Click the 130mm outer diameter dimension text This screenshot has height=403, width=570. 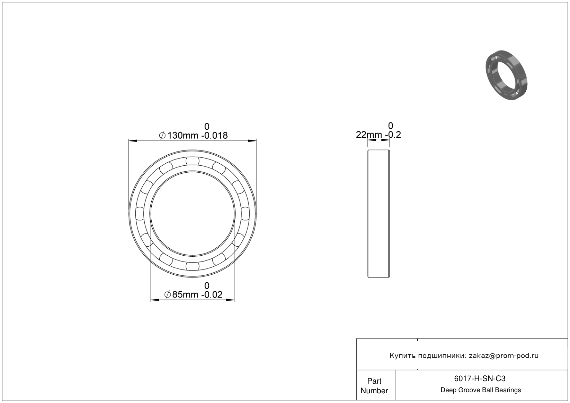pyautogui.click(x=183, y=135)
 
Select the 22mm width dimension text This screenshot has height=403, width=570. pyautogui.click(x=369, y=135)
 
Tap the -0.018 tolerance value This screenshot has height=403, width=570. pyautogui.click(x=214, y=135)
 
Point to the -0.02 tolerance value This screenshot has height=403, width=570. pyautogui.click(x=212, y=294)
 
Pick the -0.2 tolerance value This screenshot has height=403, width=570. pyautogui.click(x=393, y=135)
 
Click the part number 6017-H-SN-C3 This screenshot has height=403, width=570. pyautogui.click(x=480, y=378)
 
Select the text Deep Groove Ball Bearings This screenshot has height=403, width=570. pyautogui.click(x=481, y=390)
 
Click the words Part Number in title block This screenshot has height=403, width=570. pyautogui.click(x=374, y=386)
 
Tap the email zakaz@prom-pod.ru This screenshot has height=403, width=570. pyautogui.click(x=504, y=356)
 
